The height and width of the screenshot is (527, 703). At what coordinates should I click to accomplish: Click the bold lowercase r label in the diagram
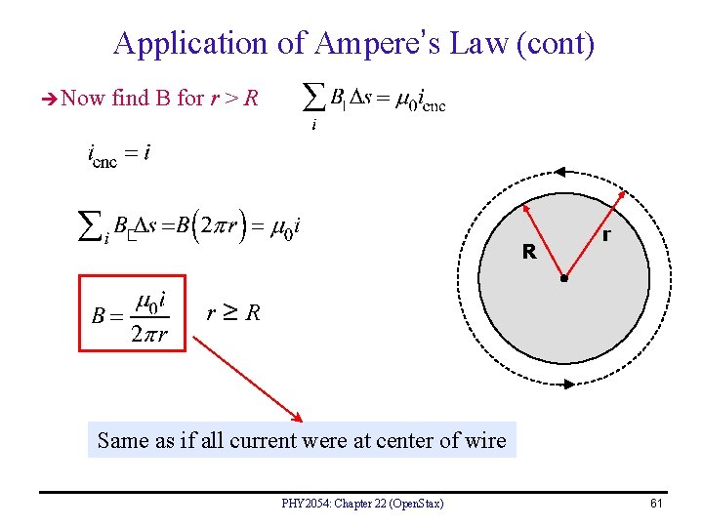tap(607, 235)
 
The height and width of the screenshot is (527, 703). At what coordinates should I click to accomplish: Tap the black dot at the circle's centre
tap(563, 279)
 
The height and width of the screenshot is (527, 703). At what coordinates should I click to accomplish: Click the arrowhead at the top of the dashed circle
tap(561, 172)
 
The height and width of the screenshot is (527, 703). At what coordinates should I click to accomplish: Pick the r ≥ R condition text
tap(233, 313)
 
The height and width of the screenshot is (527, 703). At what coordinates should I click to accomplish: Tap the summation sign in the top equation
tap(313, 96)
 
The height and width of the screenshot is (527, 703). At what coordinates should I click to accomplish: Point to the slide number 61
tap(655, 503)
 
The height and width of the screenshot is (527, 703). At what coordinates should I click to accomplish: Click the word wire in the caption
tap(484, 440)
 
